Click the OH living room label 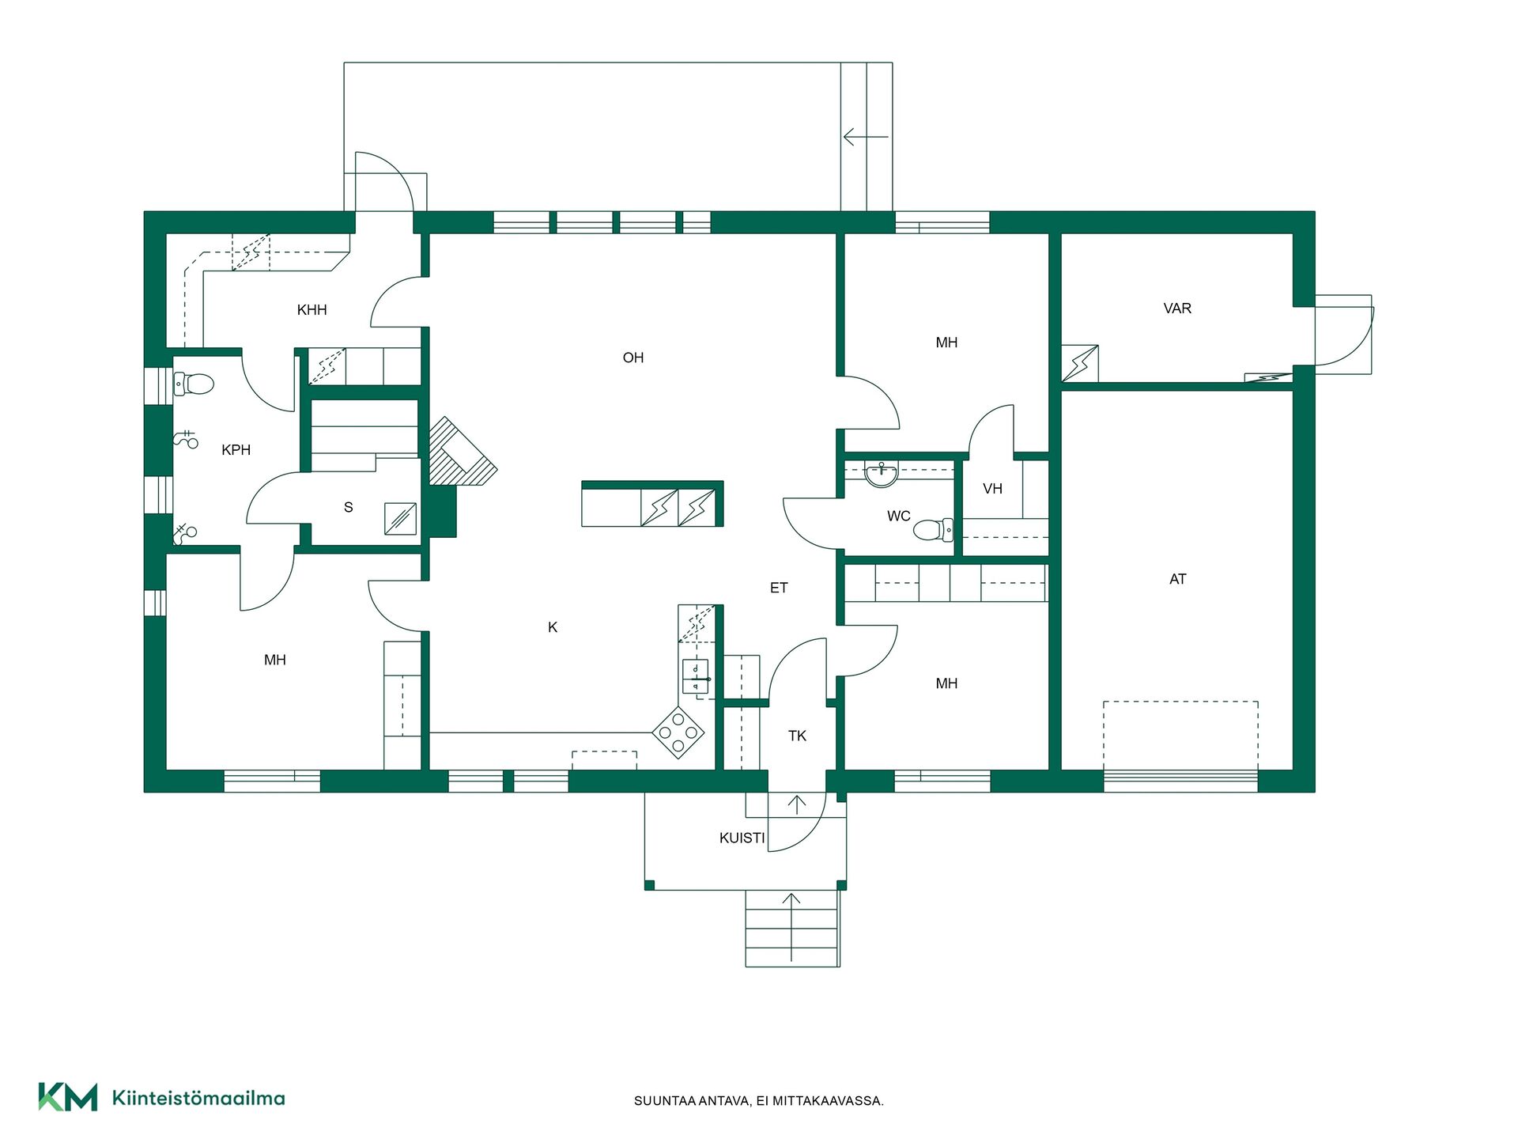[x=633, y=358]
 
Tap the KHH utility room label [x=312, y=310]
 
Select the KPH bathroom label [x=236, y=450]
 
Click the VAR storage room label [x=1177, y=308]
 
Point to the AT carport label [x=1178, y=579]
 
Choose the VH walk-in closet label [x=992, y=489]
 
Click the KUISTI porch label [x=742, y=838]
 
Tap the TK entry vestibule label [x=797, y=736]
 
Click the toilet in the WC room [x=934, y=529]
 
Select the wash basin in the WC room [x=882, y=475]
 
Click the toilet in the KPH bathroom [x=194, y=384]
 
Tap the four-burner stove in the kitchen [x=678, y=732]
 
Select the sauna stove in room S [x=401, y=519]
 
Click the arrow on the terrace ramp [x=867, y=137]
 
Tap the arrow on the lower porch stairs [x=791, y=927]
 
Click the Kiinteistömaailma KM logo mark [x=68, y=1097]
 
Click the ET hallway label [x=779, y=588]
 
